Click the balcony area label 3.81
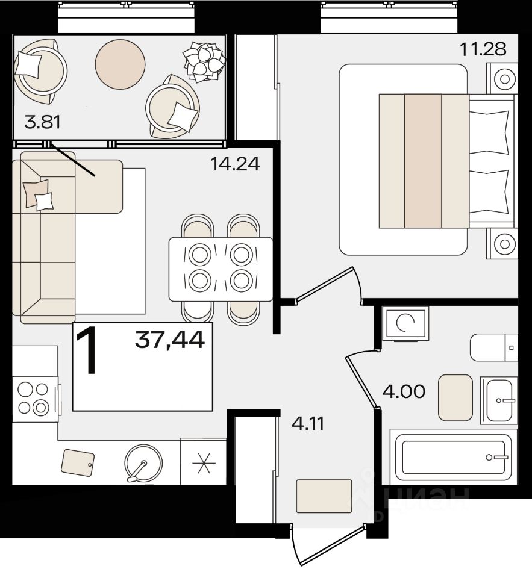(x=42, y=122)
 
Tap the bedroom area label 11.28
(x=483, y=49)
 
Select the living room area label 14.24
(x=235, y=163)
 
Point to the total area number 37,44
(x=170, y=340)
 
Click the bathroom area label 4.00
(x=404, y=391)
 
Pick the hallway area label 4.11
(x=308, y=424)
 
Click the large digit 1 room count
(x=87, y=351)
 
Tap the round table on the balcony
(x=120, y=64)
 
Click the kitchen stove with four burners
(x=35, y=399)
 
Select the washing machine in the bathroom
(x=405, y=323)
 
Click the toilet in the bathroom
(x=494, y=347)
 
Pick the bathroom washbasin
(x=499, y=400)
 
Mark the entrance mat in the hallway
(x=324, y=496)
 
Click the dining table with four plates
(x=221, y=270)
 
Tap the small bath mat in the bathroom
(x=455, y=398)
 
